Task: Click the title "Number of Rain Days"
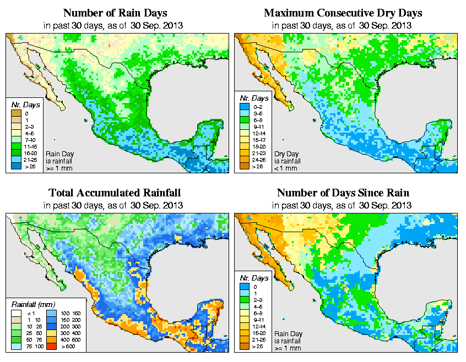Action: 115,13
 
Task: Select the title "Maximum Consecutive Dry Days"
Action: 342,13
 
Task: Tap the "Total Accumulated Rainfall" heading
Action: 115,193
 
